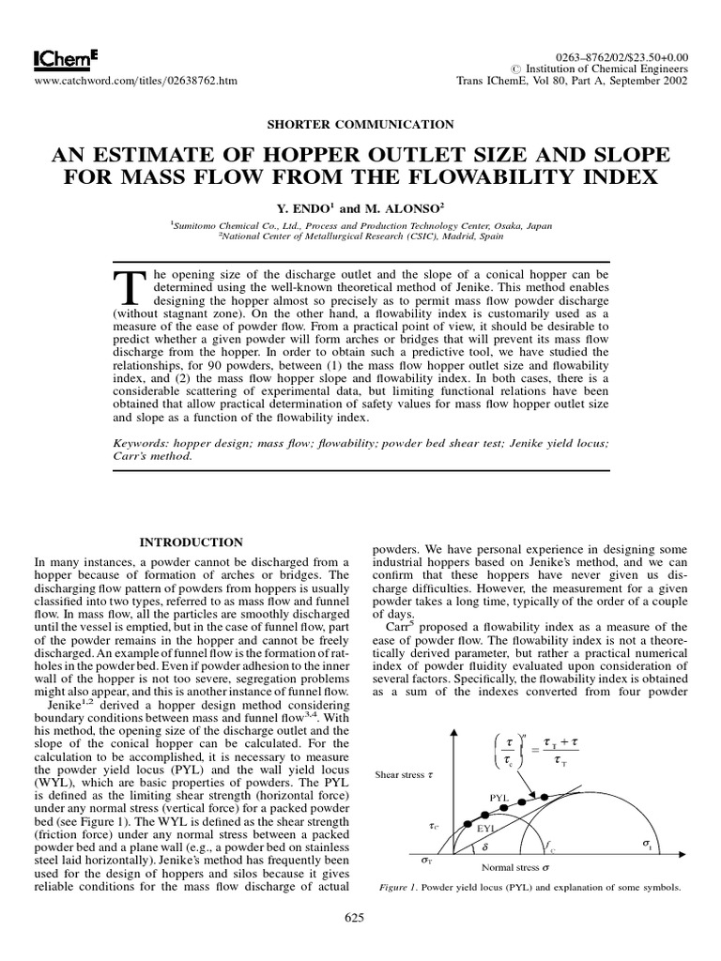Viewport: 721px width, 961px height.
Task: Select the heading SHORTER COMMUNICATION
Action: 360,124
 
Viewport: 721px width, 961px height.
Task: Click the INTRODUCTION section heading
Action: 192,542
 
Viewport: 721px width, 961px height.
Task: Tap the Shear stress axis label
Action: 405,775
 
